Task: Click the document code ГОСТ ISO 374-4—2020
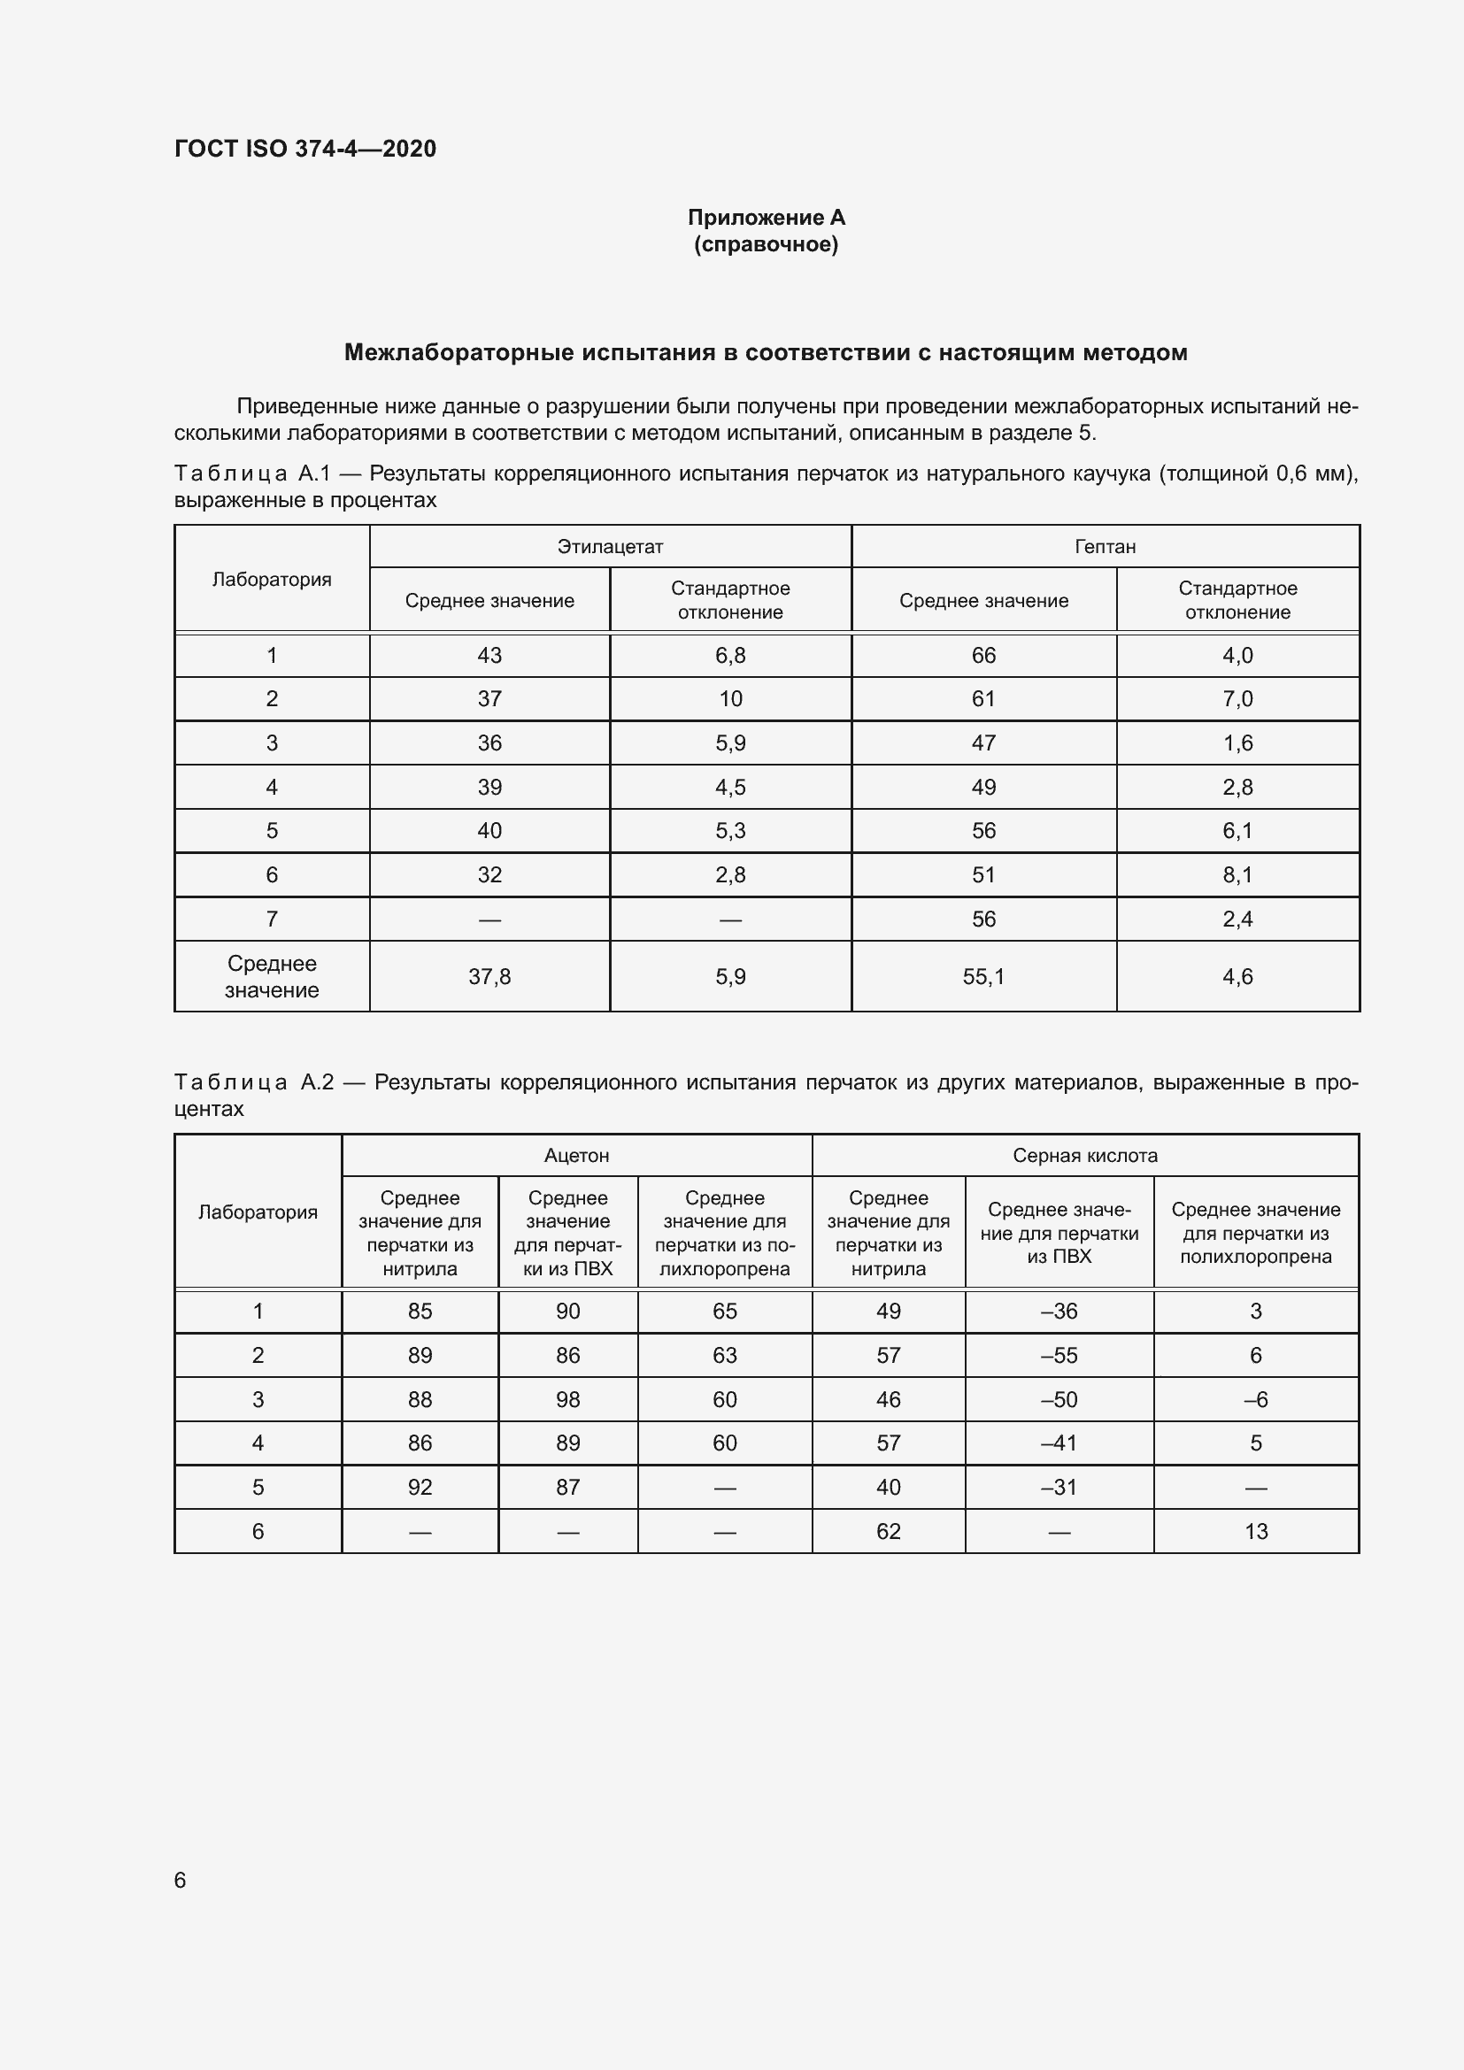[x=304, y=149]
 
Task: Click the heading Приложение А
[x=767, y=218]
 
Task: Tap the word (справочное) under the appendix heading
[x=767, y=244]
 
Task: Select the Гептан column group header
[x=1105, y=546]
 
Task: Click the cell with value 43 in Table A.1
[x=489, y=656]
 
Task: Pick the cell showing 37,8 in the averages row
[x=489, y=976]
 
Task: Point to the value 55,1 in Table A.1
[x=983, y=976]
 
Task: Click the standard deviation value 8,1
[x=1237, y=874]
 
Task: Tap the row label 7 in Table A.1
[x=272, y=919]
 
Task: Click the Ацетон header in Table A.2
[x=576, y=1155]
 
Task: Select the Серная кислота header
[x=1084, y=1155]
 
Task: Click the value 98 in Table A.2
[x=568, y=1399]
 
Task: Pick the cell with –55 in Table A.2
[x=1059, y=1355]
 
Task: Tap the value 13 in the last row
[x=1256, y=1531]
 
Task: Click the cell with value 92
[x=420, y=1487]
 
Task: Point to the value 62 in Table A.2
[x=888, y=1531]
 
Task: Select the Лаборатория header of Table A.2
[x=258, y=1212]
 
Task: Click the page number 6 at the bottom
[x=181, y=1880]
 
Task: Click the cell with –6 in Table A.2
[x=1256, y=1399]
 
